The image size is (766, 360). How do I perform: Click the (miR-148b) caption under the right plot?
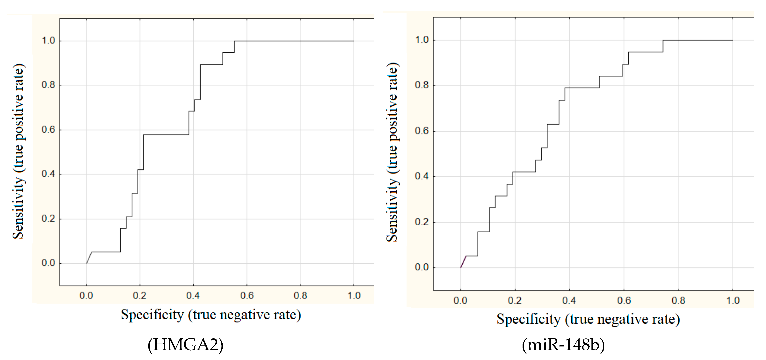tap(563, 345)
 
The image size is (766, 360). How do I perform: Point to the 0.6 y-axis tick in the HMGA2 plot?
tap(48, 130)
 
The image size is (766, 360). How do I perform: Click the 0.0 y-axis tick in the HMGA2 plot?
tap(48, 263)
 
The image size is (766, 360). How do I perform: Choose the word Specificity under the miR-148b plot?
tap(529, 319)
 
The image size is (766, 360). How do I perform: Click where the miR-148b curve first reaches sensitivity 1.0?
tap(663, 40)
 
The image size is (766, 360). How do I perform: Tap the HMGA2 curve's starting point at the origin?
tap(87, 263)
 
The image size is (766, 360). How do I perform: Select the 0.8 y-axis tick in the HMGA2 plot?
tap(48, 85)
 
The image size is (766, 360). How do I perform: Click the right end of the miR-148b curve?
tap(732, 40)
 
